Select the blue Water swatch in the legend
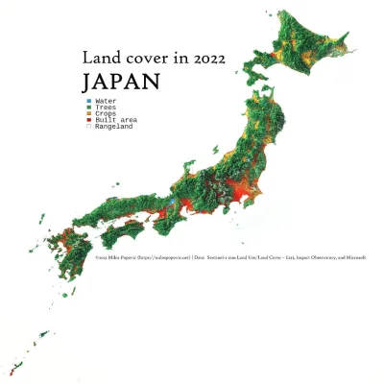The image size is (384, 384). pos(88,100)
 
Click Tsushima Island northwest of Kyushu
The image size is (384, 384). pos(42,220)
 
